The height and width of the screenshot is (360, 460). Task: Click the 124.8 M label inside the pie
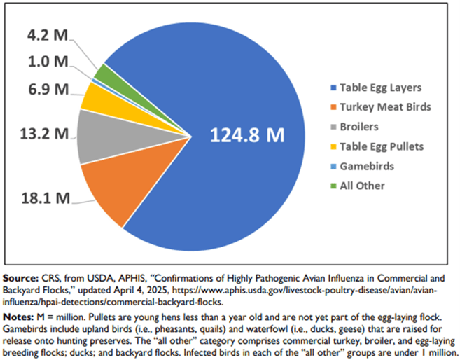(249, 135)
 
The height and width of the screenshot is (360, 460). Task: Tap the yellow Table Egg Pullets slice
(95, 95)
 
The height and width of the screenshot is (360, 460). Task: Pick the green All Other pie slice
(103, 72)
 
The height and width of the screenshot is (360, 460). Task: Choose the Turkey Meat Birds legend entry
(378, 108)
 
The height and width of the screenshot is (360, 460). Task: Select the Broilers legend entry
(359, 127)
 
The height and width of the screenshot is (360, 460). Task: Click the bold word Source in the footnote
(19, 270)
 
